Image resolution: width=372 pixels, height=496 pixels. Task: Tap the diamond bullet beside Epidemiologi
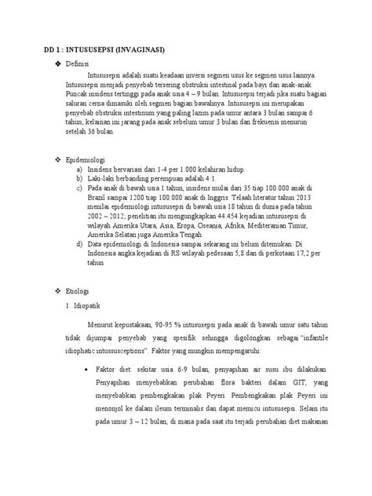[x=69, y=160]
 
